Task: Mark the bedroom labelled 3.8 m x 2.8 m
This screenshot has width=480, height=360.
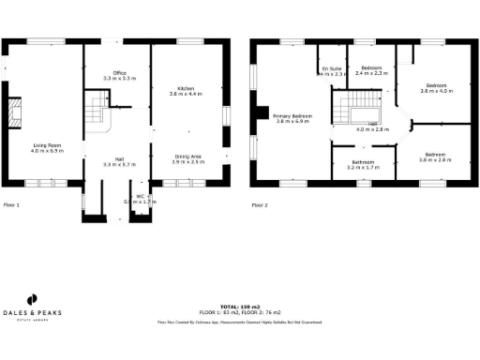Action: (x=435, y=157)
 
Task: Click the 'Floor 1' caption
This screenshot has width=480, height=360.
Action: (x=11, y=203)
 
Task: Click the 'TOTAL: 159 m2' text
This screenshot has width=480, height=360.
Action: (x=239, y=306)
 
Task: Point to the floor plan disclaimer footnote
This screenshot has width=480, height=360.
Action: (x=239, y=322)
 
